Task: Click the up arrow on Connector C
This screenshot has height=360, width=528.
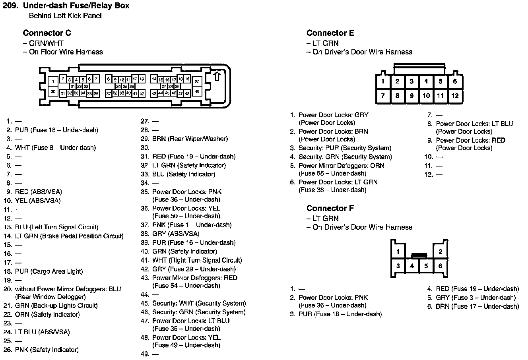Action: (217, 76)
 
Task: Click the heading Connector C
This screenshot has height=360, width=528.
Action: (47, 33)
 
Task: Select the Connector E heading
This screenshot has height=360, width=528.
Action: (330, 33)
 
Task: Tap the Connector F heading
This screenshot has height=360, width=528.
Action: (330, 208)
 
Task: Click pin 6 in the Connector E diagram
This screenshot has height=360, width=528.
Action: (455, 81)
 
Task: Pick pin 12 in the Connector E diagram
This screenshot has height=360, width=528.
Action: (455, 96)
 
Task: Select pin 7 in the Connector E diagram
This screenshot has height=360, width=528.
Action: (382, 96)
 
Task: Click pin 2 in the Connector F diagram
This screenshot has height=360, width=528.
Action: (440, 252)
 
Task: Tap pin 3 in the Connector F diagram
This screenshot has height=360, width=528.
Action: (398, 266)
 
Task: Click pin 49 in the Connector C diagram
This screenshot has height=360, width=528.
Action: (197, 92)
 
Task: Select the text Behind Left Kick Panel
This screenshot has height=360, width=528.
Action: (65, 15)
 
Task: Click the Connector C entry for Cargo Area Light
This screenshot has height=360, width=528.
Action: (49, 271)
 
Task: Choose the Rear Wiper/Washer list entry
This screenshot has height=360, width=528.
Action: (190, 139)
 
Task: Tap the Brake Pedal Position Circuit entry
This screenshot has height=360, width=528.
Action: (69, 236)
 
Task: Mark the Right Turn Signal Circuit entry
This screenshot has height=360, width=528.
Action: (197, 260)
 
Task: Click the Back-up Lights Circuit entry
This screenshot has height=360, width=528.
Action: (56, 306)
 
